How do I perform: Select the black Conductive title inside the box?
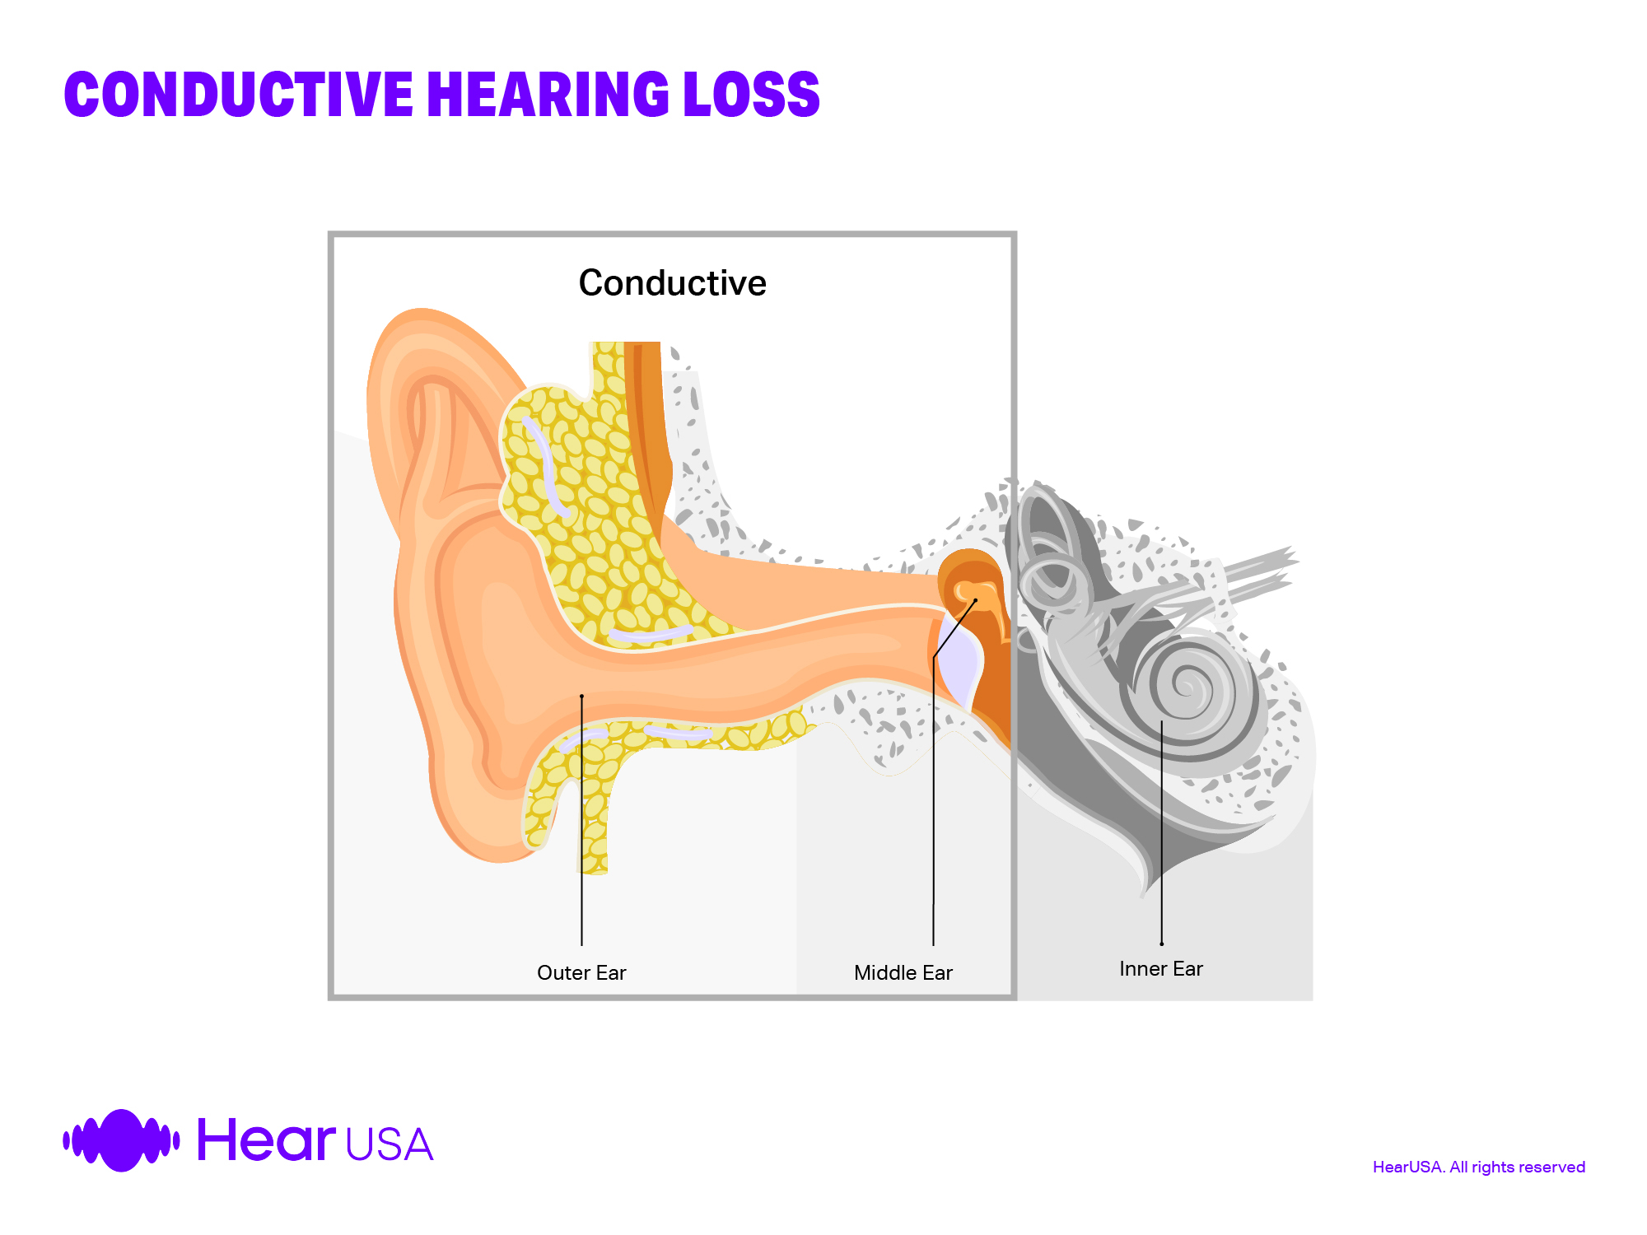672,283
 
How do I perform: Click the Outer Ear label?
581,973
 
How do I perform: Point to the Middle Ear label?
903,973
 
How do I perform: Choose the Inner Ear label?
1160,969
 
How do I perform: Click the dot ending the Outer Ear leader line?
581,697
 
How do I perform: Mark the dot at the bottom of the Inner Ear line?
1161,944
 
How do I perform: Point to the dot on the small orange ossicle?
976,600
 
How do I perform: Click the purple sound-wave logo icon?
121,1140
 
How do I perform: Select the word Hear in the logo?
266,1140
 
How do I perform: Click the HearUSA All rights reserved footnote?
1478,1167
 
